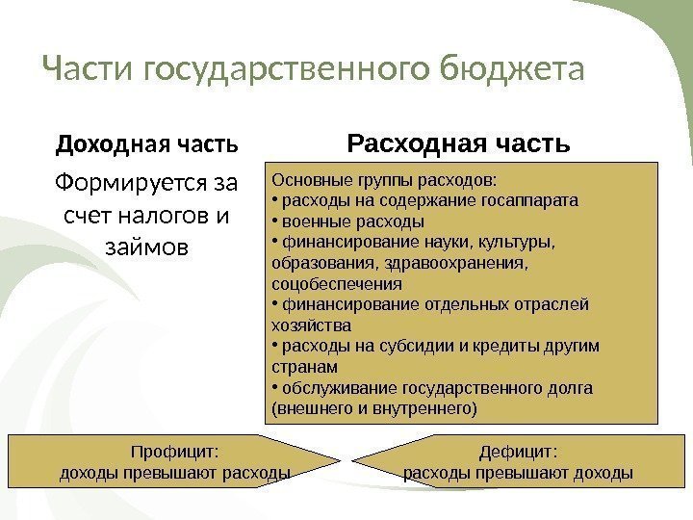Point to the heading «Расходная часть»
click(x=459, y=145)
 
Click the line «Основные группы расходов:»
click(x=385, y=179)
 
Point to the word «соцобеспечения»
click(x=337, y=285)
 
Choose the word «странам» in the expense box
click(x=305, y=368)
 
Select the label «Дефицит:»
click(x=519, y=451)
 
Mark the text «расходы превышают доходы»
click(x=518, y=473)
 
